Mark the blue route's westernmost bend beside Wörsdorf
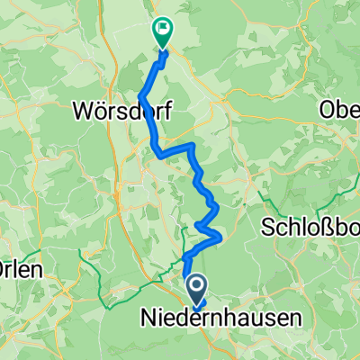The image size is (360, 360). click(140, 94)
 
